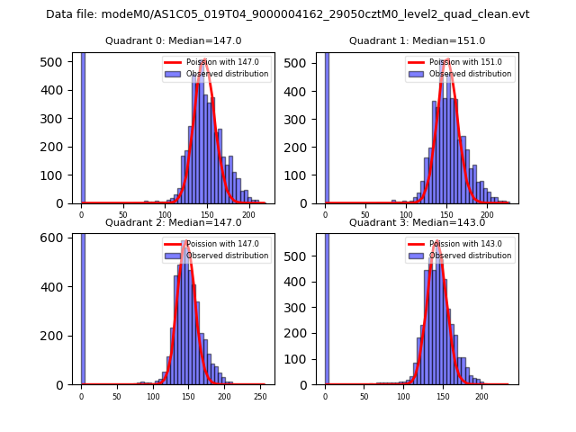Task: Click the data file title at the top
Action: (287, 14)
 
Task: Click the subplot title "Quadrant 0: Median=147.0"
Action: (173, 40)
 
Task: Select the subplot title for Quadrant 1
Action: (417, 40)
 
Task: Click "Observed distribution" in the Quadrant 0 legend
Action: (227, 74)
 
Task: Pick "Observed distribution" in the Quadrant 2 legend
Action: (227, 256)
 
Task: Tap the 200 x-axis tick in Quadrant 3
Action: (481, 395)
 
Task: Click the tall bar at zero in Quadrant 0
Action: (83, 126)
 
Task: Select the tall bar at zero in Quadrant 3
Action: (326, 306)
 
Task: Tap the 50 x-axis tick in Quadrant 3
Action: (364, 395)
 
